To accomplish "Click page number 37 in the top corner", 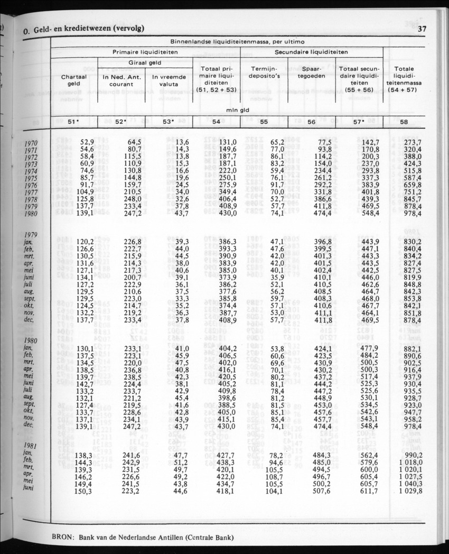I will tap(422, 30).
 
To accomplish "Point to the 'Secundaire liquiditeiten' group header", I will tap(311, 52).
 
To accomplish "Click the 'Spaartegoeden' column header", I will tap(311, 72).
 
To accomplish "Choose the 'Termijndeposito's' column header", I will tap(264, 72).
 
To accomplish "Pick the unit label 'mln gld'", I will tap(237, 110).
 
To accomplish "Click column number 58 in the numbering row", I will tap(404, 122).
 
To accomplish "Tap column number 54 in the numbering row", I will tap(216, 122).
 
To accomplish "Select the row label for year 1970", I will tap(31, 143).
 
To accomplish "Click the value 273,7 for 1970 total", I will tap(411, 142).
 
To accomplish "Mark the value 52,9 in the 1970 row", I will tap(87, 142).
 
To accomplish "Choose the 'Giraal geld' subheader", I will tap(144, 62).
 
